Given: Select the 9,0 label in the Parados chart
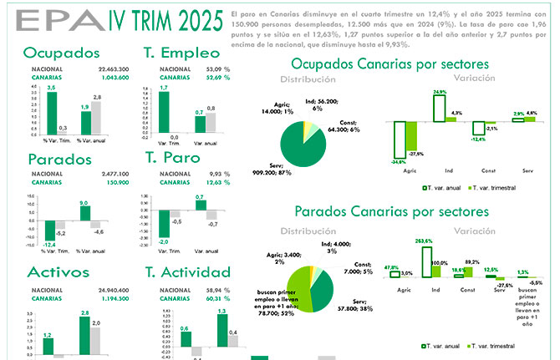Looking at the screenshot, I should [x=83, y=202].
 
